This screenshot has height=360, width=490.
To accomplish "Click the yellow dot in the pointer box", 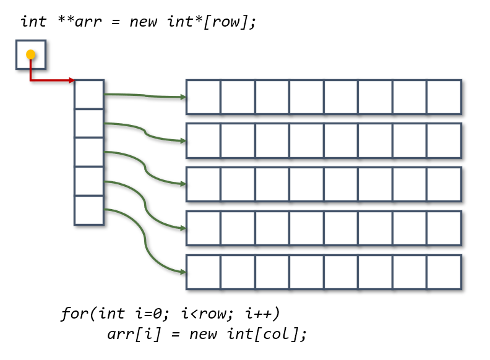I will [30, 55].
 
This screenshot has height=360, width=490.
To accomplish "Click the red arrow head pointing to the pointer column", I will [71, 80].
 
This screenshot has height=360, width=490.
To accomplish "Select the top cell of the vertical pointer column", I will [89, 94].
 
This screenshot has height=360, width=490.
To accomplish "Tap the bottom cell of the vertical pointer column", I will [89, 210].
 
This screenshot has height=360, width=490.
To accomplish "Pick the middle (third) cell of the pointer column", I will [89, 152].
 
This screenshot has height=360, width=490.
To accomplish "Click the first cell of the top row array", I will [204, 97].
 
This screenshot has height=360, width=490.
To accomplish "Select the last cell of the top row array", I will [444, 97].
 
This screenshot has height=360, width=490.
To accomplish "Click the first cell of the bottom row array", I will [204, 272].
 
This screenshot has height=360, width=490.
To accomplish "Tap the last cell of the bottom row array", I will [444, 272].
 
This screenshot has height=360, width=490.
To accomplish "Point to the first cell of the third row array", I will [204, 184].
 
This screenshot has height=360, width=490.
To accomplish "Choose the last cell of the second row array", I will [444, 140].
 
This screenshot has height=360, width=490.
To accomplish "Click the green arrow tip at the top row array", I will [183, 97].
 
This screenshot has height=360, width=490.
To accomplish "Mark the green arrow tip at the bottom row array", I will [183, 272].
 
